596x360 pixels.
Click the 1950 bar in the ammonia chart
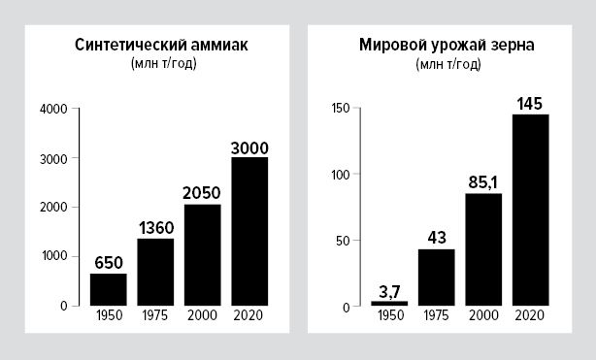[x=109, y=289]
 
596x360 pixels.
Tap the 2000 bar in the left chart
[x=202, y=254]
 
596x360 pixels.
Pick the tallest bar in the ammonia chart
[x=249, y=231]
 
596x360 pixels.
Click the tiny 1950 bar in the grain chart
[x=389, y=304]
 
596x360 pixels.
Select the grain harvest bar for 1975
[x=437, y=278]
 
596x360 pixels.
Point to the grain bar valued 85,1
[x=483, y=249]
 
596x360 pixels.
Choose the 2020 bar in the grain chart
[x=530, y=210]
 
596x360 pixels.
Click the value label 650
[x=109, y=263]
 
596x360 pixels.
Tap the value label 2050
[x=202, y=193]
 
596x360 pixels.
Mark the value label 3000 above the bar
[x=249, y=147]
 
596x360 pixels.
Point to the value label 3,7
[x=389, y=290]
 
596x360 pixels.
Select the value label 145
[x=530, y=103]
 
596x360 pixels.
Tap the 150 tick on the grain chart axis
[x=339, y=109]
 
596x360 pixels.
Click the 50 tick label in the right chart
[x=342, y=241]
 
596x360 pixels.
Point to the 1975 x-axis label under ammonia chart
[x=155, y=316]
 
